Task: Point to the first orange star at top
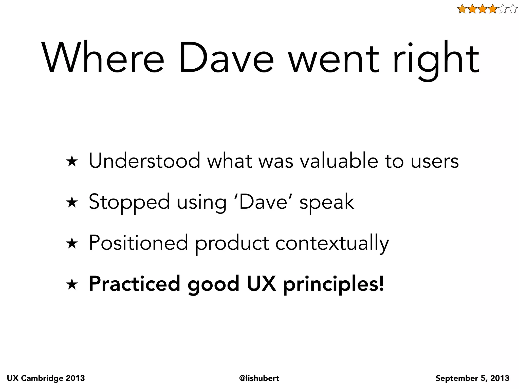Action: point(462,9)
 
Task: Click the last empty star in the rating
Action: point(512,9)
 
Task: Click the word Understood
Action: point(144,161)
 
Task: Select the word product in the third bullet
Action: point(232,244)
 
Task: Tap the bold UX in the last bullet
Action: point(261,284)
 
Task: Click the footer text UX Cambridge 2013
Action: point(46,378)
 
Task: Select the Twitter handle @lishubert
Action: point(259,378)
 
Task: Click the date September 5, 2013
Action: point(472,378)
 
